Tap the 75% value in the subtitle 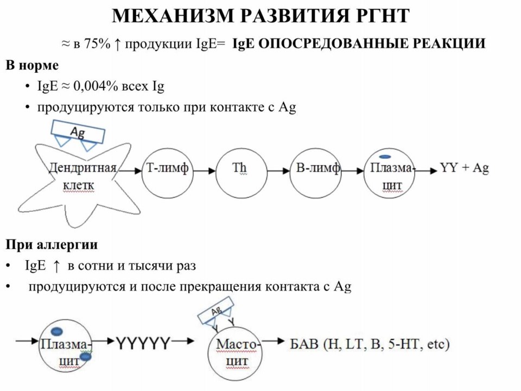pyautogui.click(x=97, y=43)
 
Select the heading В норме pyautogui.click(x=32, y=65)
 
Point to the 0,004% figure pyautogui.click(x=96, y=86)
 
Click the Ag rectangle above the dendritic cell pyautogui.click(x=78, y=131)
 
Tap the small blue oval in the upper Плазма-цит pyautogui.click(x=385, y=156)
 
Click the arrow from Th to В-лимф pyautogui.click(x=278, y=171)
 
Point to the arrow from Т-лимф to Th pyautogui.click(x=205, y=171)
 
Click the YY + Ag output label pyautogui.click(x=464, y=168)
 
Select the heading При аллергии pyautogui.click(x=52, y=245)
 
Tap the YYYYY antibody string pyautogui.click(x=143, y=343)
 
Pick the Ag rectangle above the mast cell pyautogui.click(x=215, y=311)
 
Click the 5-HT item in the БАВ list pyautogui.click(x=405, y=344)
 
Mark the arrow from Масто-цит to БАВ pyautogui.click(x=273, y=341)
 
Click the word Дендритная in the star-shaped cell pyautogui.click(x=82, y=168)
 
